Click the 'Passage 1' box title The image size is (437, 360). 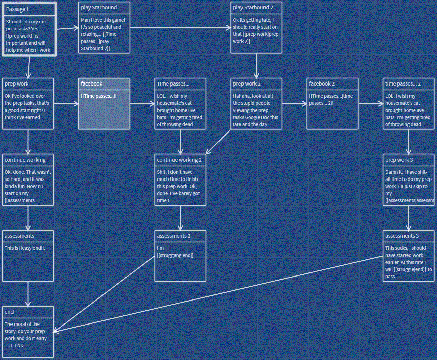pos(18,9)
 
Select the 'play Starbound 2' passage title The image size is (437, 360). pos(253,8)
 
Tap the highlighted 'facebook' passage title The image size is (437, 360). pos(92,84)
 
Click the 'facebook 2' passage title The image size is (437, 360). pos(322,84)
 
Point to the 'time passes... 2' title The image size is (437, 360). pos(403,84)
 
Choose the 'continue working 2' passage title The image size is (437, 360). pos(179,160)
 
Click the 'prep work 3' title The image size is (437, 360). pos(399,160)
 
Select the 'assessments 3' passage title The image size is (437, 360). pos(402,236)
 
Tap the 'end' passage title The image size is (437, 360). pos(9,312)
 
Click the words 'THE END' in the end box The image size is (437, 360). pos(14,345)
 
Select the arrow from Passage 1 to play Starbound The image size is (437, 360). pos(67,28)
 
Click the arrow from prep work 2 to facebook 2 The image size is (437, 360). pos(294,104)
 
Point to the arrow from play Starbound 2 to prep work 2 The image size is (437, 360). pos(256,66)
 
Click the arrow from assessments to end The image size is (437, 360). pos(28,294)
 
